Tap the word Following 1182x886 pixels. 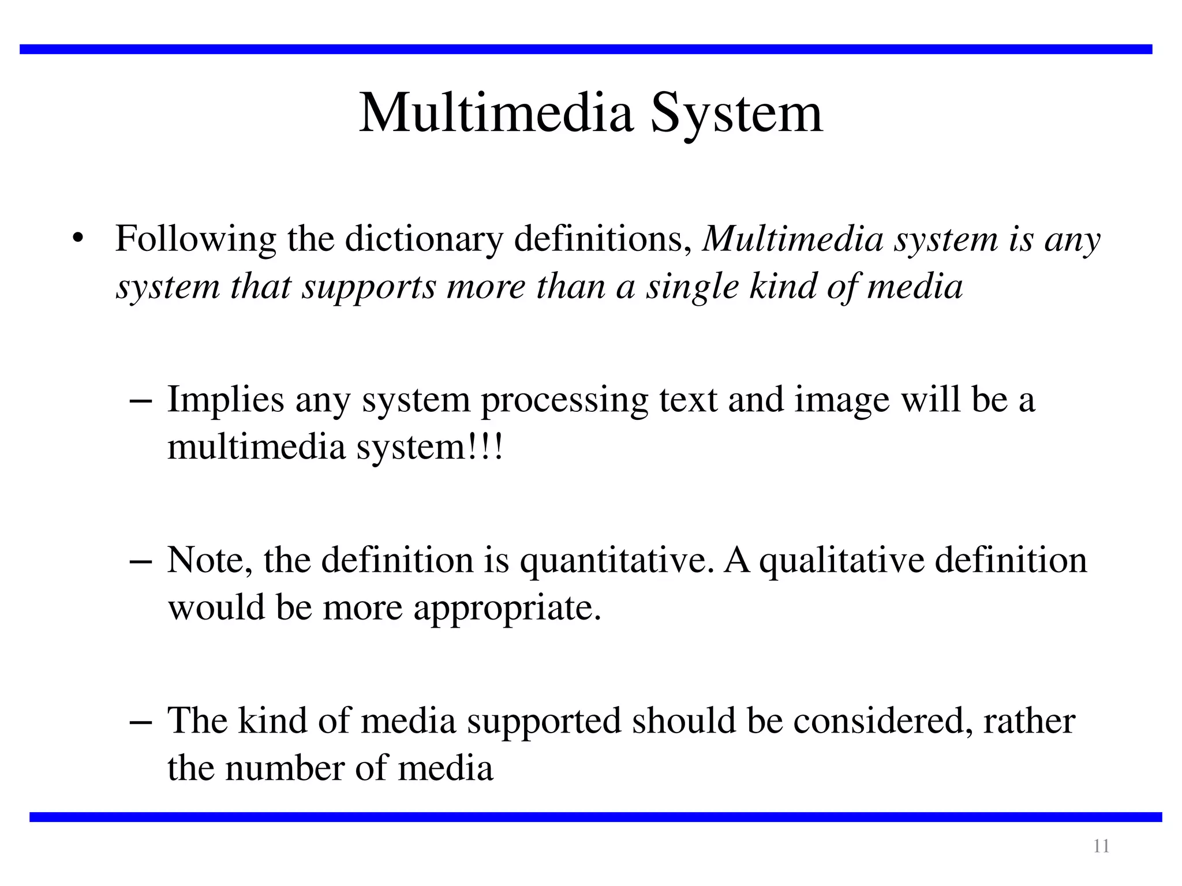tap(196, 239)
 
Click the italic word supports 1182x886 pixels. tap(369, 287)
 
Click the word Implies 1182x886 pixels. tap(226, 400)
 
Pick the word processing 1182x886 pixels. tap(564, 400)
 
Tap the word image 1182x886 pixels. tap(842, 400)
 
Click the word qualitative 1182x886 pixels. tap(841, 561)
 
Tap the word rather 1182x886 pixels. tap(1029, 721)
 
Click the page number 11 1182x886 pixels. tap(1101, 846)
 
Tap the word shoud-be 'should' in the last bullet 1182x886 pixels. tap(684, 721)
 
